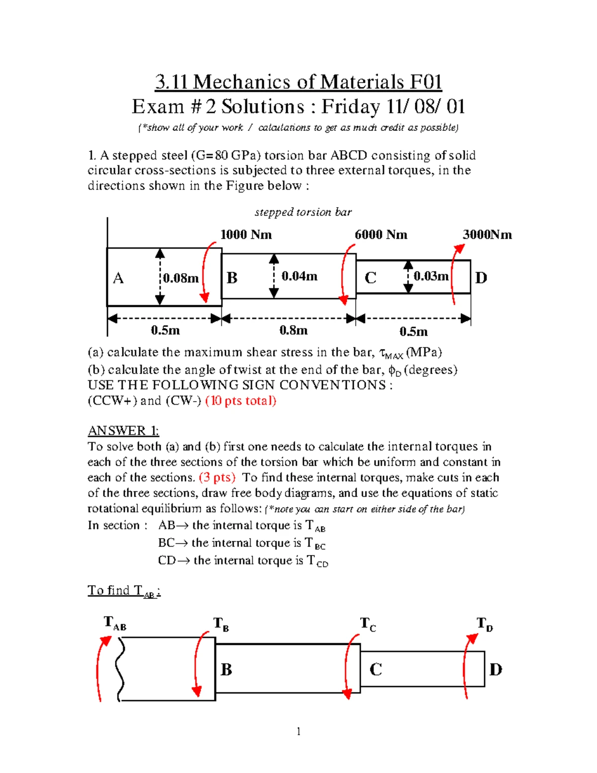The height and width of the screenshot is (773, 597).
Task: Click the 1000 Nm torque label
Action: coord(246,235)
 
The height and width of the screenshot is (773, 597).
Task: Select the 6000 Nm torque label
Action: coord(381,235)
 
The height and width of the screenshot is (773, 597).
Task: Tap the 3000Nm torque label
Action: coord(487,235)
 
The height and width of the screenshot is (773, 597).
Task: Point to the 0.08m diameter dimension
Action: coord(181,278)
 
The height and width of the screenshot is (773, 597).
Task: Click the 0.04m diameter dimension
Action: coord(299,276)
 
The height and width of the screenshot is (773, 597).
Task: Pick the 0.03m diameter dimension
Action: coord(431,276)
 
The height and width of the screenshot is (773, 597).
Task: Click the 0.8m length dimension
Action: coord(294,331)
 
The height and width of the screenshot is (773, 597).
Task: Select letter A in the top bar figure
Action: coord(118,278)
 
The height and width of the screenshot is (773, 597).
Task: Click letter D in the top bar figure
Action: coord(481,278)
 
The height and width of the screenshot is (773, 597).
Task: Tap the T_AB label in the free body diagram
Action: coord(115,623)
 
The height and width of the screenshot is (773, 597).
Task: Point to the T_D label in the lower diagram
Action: coord(485,624)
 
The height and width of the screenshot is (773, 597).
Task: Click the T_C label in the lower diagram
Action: coord(368,624)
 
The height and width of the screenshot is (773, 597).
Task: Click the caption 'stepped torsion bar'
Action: coord(303,212)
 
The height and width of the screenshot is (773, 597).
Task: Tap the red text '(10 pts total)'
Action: coord(241,401)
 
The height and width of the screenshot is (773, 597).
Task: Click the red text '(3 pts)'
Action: coord(217,477)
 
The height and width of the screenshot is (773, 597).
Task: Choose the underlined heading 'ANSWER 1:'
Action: coord(123,431)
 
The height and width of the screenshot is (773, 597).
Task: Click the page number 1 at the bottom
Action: coord(298,731)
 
